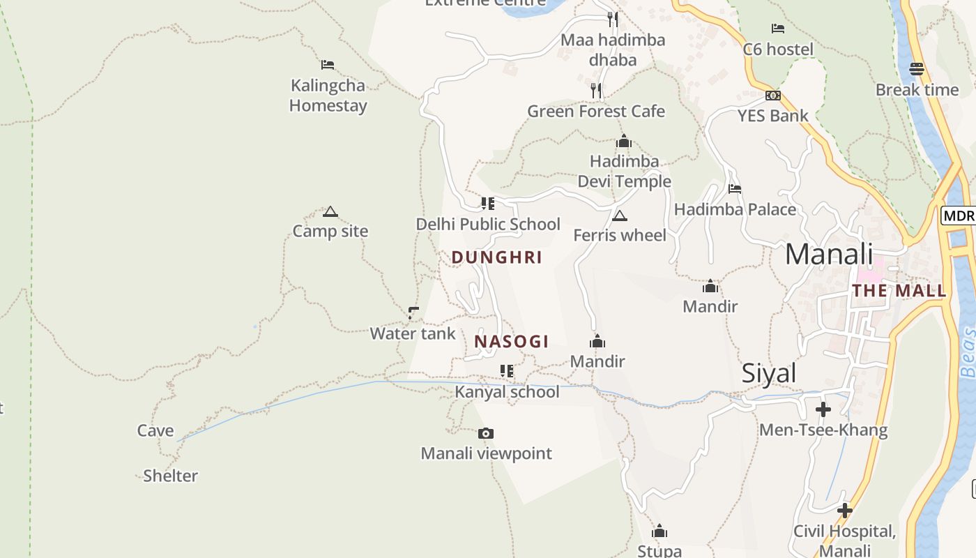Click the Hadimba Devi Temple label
click(x=624, y=172)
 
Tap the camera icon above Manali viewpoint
click(x=486, y=434)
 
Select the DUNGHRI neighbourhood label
click(x=496, y=257)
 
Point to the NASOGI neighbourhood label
click(x=511, y=342)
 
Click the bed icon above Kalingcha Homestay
click(x=328, y=66)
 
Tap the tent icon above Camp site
click(x=330, y=212)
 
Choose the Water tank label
click(x=413, y=333)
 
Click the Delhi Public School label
click(x=488, y=224)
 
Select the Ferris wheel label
click(x=620, y=235)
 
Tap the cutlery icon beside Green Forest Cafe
click(x=596, y=91)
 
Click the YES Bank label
click(x=773, y=116)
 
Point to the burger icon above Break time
click(x=917, y=69)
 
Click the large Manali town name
click(x=829, y=254)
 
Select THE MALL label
click(x=899, y=291)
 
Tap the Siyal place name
click(x=769, y=373)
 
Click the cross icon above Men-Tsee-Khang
click(x=823, y=409)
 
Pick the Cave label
click(x=155, y=430)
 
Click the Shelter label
click(x=170, y=476)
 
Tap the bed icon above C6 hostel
click(x=778, y=29)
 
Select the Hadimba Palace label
click(x=735, y=209)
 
